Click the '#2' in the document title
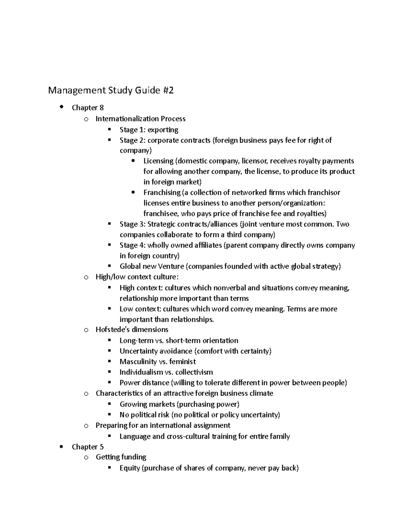pos(168,91)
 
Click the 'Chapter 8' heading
pos(88,108)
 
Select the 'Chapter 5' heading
pos(88,447)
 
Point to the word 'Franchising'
pos(162,192)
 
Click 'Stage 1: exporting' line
pos(149,130)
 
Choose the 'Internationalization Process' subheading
pos(140,119)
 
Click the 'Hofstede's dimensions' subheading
pos(132,330)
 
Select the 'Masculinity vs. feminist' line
pos(157,361)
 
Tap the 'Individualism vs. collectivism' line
pos(166,372)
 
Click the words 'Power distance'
pos(144,383)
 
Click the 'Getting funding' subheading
pos(121,457)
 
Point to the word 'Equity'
pos(130,468)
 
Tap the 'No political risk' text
pos(144,415)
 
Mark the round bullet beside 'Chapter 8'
pos(61,107)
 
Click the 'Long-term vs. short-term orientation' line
pos(179,340)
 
